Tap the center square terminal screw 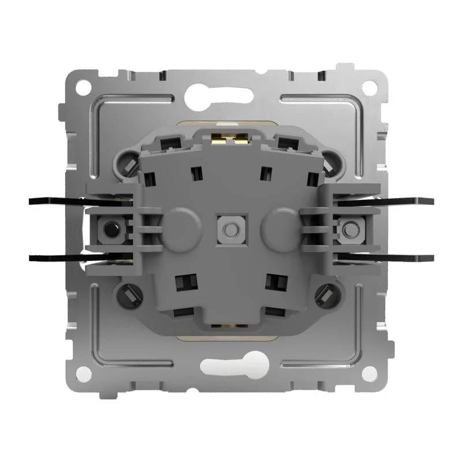click(x=228, y=229)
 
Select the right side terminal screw click(x=347, y=230)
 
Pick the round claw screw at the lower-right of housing click(x=327, y=295)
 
